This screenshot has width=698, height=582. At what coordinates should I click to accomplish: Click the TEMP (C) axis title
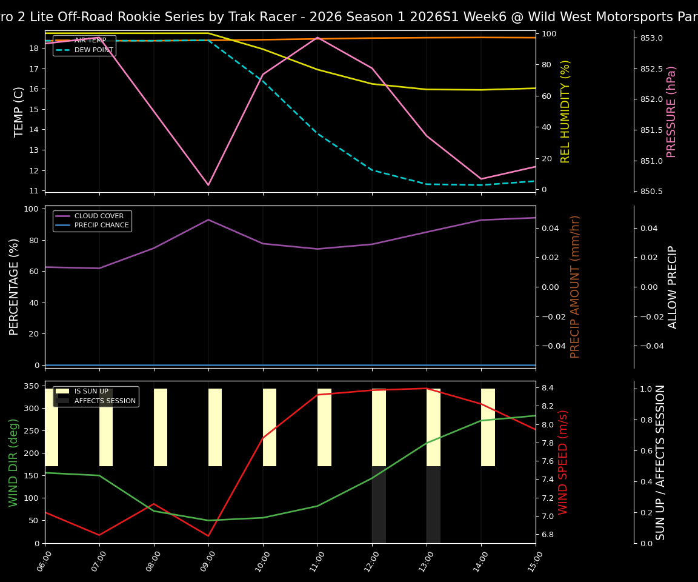19,112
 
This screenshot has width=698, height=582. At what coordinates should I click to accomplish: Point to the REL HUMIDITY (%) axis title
565,112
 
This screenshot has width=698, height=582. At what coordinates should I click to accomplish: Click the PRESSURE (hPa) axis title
671,112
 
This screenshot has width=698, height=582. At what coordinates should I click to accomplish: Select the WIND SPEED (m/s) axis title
563,462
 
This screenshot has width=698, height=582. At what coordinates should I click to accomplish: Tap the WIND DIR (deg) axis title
13,462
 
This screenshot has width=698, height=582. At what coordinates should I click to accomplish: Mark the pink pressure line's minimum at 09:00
208,185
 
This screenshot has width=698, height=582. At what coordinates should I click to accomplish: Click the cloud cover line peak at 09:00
208,219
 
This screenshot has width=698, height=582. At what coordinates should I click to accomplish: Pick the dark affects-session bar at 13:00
433,504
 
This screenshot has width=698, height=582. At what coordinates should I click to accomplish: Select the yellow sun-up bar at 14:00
488,427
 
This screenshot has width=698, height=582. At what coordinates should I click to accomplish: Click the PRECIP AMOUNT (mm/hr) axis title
575,287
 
